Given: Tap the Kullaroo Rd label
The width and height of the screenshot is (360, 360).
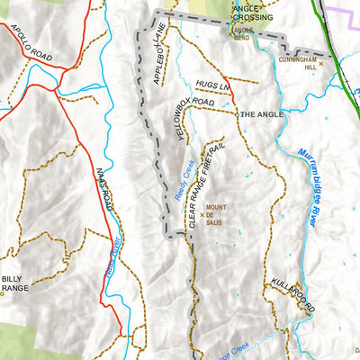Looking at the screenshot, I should click(290, 296).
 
